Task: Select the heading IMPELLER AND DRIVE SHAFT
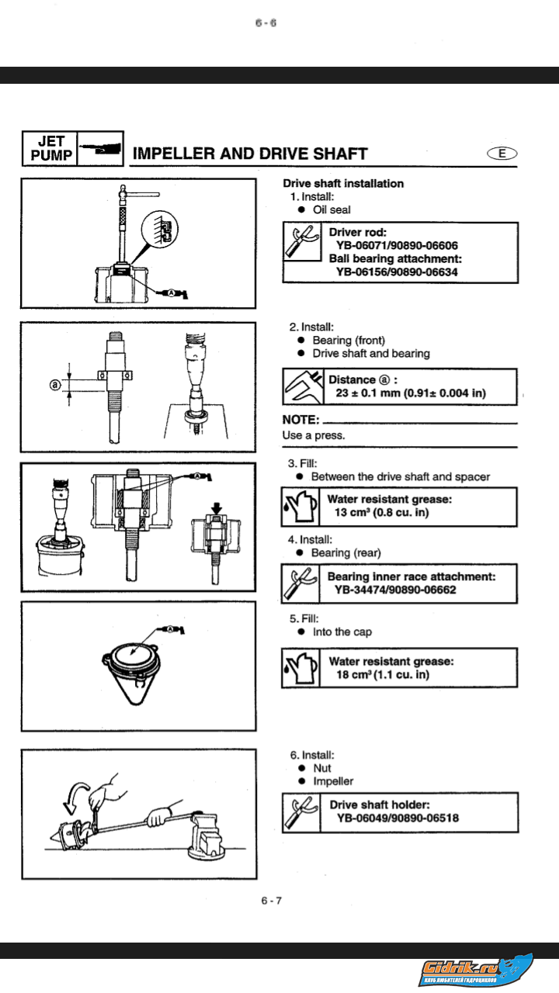click(250, 154)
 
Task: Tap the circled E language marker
click(502, 153)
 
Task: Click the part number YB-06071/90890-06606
click(397, 245)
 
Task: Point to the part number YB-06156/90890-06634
click(397, 272)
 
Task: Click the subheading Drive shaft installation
click(342, 183)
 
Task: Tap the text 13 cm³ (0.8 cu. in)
click(382, 512)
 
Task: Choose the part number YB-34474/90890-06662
click(395, 590)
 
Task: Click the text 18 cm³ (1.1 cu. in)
click(382, 675)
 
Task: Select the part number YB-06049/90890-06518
click(398, 818)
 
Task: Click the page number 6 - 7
click(271, 900)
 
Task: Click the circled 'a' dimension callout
click(55, 384)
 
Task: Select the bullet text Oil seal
click(331, 209)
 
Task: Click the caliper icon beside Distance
click(300, 386)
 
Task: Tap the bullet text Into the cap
click(342, 631)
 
